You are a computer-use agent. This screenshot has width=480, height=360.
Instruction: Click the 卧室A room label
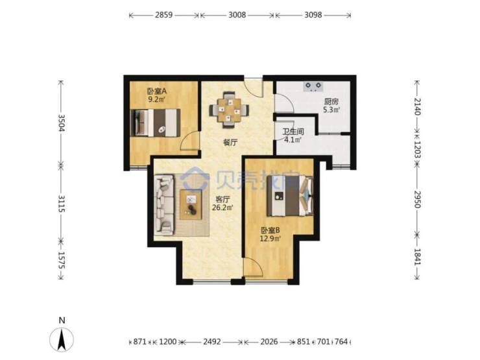coord(157,91)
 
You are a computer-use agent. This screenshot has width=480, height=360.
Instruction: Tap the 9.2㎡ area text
coord(157,99)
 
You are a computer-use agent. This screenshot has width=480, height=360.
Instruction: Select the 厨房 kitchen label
coord(331,102)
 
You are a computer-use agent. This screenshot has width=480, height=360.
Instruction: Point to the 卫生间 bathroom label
coord(293,132)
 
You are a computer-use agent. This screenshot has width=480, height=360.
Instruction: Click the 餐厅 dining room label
coord(230,142)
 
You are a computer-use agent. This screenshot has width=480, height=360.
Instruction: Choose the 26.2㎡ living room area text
coord(222,208)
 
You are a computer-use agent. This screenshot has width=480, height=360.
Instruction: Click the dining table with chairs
coord(229,109)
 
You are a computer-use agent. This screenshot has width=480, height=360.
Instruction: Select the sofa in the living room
coord(164,204)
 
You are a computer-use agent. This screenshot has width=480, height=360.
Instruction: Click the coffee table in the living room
coord(191,204)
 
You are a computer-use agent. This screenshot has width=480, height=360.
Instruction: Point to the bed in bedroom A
coord(155,123)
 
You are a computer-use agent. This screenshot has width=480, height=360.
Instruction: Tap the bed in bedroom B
coord(290,196)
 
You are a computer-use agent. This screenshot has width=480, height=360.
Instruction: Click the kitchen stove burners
coord(313,87)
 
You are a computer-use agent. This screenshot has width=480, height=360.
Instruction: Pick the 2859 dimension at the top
coord(163,15)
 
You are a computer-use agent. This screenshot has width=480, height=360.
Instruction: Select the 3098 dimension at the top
coord(313,15)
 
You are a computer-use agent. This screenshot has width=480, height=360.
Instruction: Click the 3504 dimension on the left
coord(61,123)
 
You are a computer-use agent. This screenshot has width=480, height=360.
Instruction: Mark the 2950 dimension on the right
coord(417,199)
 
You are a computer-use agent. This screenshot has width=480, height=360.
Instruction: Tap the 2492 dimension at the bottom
coord(212,341)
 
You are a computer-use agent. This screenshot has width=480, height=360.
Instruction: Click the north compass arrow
coord(62,339)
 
